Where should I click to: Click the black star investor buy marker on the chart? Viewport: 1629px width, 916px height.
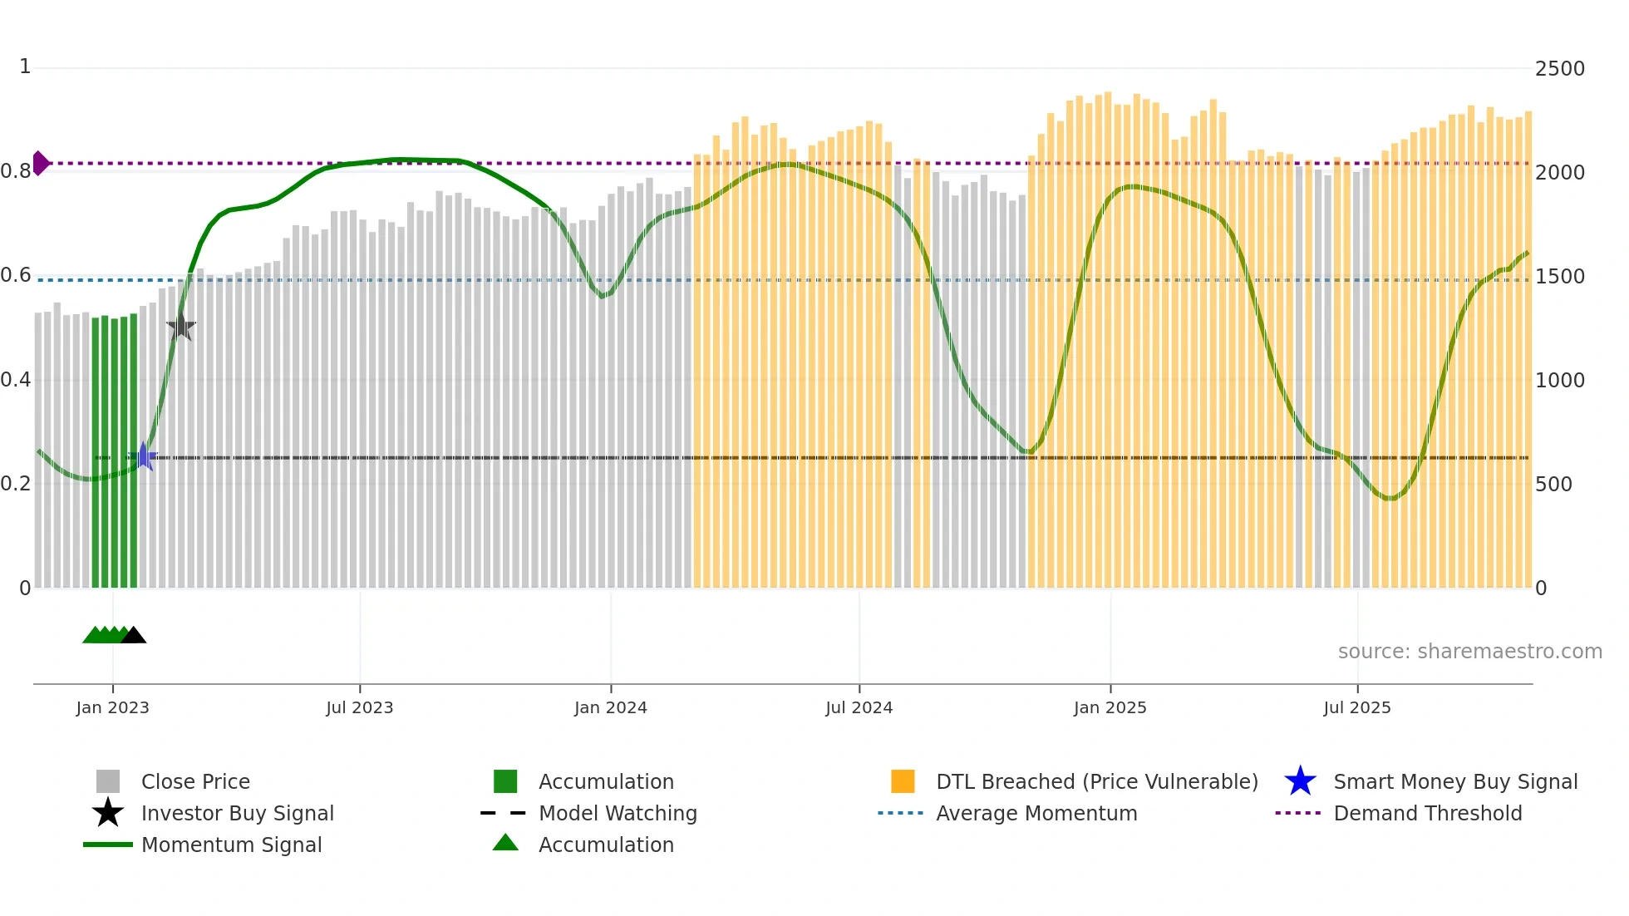click(181, 327)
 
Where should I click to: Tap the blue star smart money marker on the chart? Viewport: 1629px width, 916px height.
click(143, 456)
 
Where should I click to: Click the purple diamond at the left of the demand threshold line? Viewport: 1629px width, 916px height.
click(40, 163)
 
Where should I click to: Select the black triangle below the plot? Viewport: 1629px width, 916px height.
click(133, 636)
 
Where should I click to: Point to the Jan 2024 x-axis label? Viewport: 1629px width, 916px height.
click(610, 708)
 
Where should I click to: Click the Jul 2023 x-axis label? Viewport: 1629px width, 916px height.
click(359, 708)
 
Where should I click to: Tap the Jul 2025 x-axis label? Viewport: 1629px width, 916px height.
click(1356, 708)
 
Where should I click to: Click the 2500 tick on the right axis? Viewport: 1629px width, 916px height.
click(1559, 69)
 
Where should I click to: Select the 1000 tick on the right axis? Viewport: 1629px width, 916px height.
click(1559, 381)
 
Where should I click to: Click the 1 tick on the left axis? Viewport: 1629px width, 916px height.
click(25, 66)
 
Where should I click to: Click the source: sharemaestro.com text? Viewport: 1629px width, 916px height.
click(1469, 652)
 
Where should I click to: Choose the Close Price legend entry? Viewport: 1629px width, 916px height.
click(195, 782)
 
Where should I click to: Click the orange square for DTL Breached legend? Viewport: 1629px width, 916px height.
click(903, 781)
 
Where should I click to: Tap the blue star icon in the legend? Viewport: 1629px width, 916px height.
click(1300, 781)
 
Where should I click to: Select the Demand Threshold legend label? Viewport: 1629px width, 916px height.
click(1427, 814)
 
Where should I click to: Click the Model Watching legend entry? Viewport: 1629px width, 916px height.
click(618, 814)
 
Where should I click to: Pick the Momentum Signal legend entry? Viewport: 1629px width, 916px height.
click(231, 845)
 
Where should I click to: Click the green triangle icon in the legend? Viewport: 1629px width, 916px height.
click(505, 843)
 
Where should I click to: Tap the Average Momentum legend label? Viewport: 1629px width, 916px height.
click(1036, 814)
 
